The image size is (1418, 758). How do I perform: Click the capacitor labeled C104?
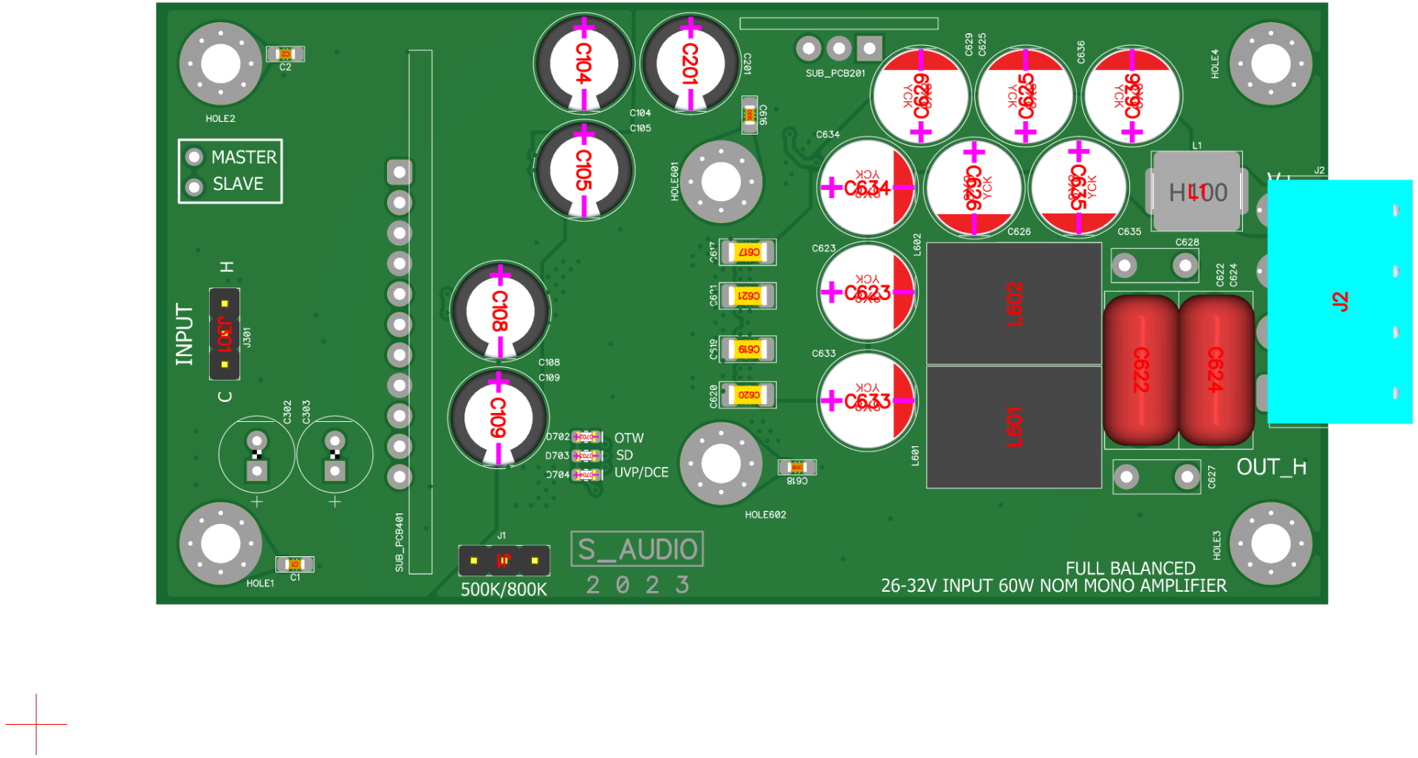point(583,64)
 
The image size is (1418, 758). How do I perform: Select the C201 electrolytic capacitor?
point(690,64)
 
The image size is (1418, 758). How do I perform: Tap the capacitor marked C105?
point(583,171)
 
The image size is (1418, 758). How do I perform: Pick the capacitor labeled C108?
point(500,311)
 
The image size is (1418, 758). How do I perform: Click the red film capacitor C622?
point(1141,369)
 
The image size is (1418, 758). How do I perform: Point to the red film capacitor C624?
point(1216,369)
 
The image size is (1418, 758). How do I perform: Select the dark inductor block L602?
point(1014,304)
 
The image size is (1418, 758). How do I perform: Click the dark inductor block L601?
point(1014,427)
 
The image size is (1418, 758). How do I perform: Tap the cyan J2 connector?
point(1340,301)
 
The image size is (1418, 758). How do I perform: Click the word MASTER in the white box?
point(244,157)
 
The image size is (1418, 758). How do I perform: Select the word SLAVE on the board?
point(238,184)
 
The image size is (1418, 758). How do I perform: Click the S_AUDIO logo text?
point(637,549)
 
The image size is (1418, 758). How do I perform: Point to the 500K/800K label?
point(504,590)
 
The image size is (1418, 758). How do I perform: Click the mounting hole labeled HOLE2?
point(220,64)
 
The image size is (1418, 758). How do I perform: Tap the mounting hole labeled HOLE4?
point(1270,64)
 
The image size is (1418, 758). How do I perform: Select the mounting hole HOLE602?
point(721,464)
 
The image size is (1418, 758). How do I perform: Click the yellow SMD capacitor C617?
point(748,253)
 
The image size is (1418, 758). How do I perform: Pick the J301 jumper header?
point(225,334)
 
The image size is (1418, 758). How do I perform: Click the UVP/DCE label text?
point(641,473)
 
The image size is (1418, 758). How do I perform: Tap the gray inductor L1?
point(1196,192)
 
